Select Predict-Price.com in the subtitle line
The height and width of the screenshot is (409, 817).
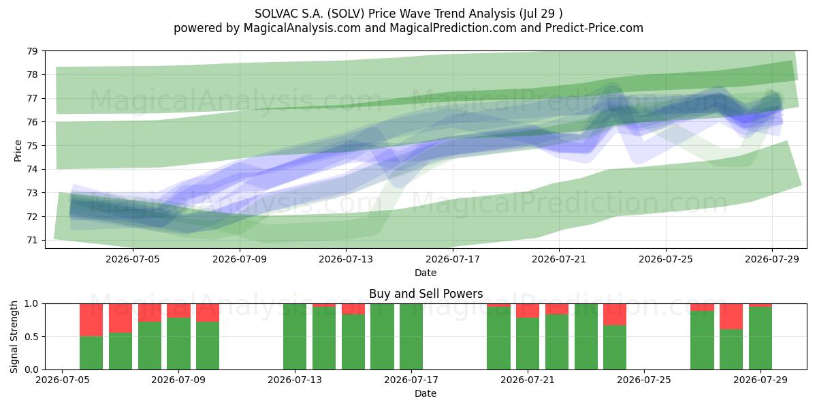coord(594,28)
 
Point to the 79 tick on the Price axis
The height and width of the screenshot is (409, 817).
coord(32,51)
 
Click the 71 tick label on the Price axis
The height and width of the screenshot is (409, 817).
coord(32,240)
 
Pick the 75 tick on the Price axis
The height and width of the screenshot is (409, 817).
coord(32,146)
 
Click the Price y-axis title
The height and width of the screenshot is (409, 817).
coord(18,151)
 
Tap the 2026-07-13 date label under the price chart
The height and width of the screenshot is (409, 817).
coord(346,259)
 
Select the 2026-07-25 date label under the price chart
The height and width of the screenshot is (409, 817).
coord(666,259)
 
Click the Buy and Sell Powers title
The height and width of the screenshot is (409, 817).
coord(426,294)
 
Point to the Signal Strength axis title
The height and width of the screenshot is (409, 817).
coord(14,337)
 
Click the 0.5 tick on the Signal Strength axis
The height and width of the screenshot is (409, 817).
coord(31,337)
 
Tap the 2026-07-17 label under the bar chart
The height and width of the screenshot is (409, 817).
coord(411,380)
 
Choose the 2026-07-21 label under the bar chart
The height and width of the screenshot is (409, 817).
coord(528,380)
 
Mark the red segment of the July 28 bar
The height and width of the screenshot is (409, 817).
coord(731,316)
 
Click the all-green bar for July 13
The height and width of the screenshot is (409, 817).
coord(295,337)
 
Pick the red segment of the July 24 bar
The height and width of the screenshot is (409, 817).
coord(615,314)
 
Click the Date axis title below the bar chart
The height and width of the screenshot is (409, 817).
coord(426,393)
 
